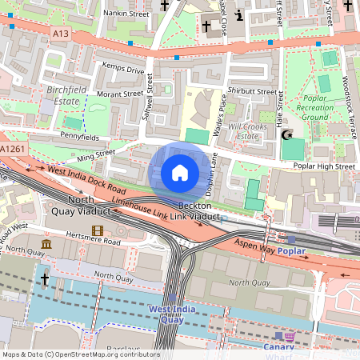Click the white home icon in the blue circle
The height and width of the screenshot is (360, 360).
point(180,173)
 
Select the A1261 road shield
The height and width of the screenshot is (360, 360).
point(12,150)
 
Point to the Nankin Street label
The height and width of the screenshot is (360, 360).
point(110,14)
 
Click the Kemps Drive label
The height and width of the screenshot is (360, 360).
point(125,71)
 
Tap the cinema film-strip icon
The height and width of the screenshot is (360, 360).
point(98,232)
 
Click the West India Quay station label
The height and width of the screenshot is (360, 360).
point(172,314)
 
